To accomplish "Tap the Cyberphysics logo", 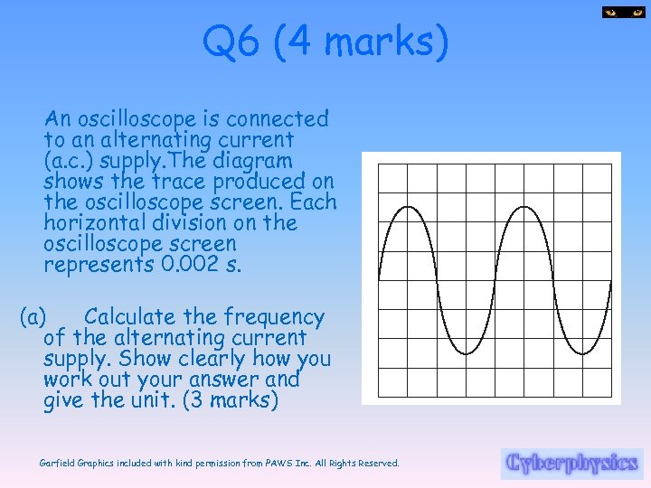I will tap(572, 463).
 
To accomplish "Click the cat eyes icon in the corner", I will tap(622, 12).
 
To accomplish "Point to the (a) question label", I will tap(33, 317).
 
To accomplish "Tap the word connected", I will tap(278, 119).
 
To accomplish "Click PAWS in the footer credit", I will tap(276, 463).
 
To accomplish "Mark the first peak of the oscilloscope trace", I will tap(407, 208).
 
